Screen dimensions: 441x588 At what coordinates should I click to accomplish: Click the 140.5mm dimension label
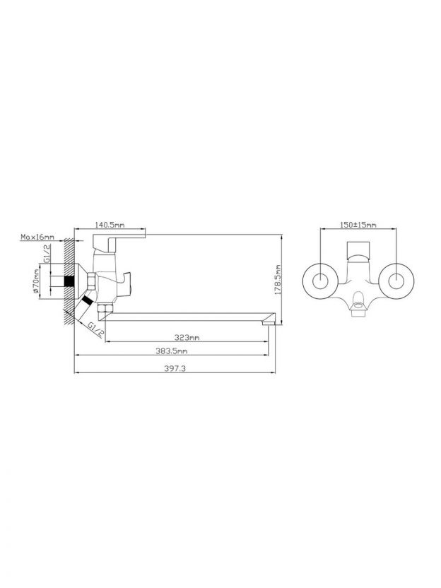pyautogui.click(x=110, y=225)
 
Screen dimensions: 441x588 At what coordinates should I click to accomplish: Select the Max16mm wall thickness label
pyautogui.click(x=37, y=237)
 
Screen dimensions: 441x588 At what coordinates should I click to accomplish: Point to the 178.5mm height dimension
pyautogui.click(x=278, y=280)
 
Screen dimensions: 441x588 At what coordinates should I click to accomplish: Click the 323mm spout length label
pyautogui.click(x=187, y=338)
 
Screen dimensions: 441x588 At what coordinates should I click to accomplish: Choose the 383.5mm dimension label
pyautogui.click(x=171, y=351)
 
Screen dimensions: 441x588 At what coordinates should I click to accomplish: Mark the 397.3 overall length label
pyautogui.click(x=175, y=368)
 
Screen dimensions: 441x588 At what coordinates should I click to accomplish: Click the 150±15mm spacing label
pyautogui.click(x=358, y=225)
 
